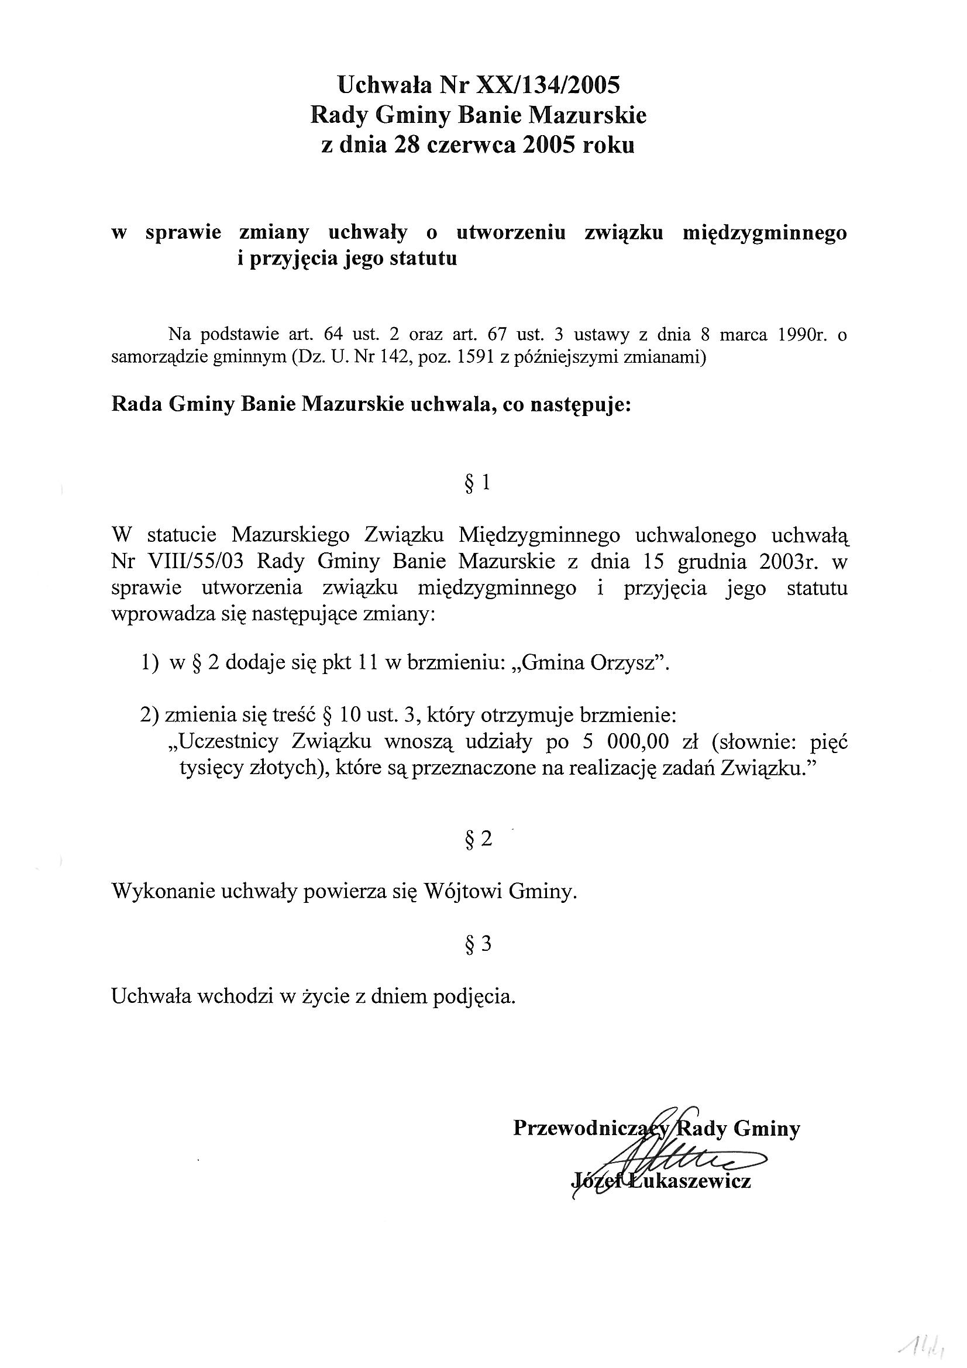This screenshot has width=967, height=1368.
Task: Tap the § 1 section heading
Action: pyautogui.click(x=477, y=483)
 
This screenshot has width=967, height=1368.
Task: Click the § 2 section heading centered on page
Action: pyautogui.click(x=478, y=839)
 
